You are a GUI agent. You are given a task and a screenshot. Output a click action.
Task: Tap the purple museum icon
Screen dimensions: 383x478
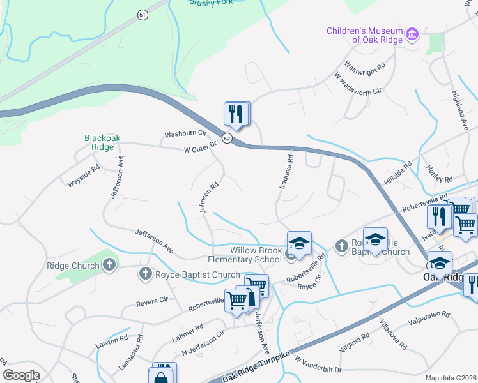[x=413, y=33]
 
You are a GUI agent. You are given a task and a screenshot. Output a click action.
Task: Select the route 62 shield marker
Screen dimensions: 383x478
[x=226, y=139]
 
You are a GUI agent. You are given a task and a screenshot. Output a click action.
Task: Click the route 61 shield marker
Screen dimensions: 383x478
[x=142, y=13]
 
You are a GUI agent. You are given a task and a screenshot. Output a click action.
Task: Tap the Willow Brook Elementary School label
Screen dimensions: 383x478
[x=245, y=255]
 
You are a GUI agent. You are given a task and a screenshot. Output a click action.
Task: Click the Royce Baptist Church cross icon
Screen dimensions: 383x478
[x=144, y=274]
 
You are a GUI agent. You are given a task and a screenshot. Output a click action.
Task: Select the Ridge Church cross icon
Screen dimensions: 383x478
[x=109, y=264]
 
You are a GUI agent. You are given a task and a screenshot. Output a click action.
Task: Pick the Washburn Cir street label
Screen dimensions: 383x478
[x=186, y=134]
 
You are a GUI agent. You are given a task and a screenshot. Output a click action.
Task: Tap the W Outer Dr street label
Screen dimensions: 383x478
[x=200, y=147]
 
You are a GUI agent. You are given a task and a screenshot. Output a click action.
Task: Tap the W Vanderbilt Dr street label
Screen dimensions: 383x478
[x=318, y=366]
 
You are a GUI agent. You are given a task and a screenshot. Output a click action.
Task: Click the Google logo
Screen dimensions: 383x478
[x=22, y=375]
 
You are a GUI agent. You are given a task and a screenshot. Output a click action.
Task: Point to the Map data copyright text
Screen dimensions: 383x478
[x=451, y=378]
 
